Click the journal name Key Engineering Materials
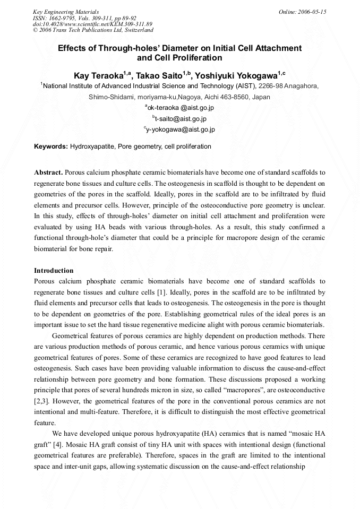tap(65, 12)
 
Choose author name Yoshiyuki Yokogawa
tap(236, 75)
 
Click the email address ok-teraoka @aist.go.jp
tap(181, 108)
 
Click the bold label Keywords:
tap(51, 146)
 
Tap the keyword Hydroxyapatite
tap(92, 146)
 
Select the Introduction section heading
tap(54, 271)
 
